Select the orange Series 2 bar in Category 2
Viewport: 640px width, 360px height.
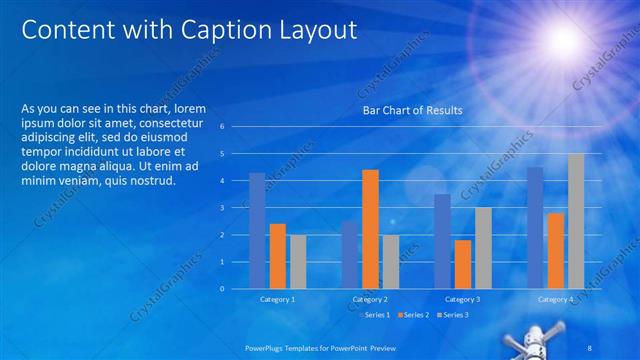(370, 229)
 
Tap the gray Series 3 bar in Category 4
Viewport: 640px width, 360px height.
(576, 221)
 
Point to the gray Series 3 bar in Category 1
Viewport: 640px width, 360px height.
(298, 262)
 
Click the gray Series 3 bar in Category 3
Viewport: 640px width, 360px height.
(483, 248)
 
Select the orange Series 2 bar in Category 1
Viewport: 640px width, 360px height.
(278, 256)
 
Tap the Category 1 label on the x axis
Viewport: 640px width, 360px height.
(277, 299)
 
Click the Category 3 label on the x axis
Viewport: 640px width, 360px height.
(462, 299)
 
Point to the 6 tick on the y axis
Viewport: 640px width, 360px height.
(235, 127)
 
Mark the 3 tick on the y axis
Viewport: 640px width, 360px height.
(235, 208)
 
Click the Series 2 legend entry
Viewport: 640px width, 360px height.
(415, 315)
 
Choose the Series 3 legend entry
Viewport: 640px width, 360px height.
(453, 315)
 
